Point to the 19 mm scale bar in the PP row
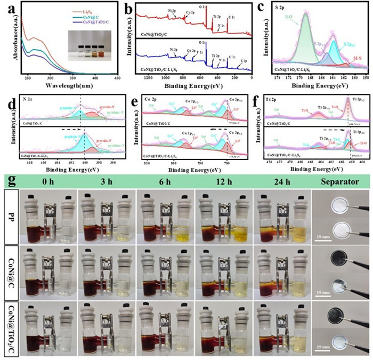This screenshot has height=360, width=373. [x=324, y=233]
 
